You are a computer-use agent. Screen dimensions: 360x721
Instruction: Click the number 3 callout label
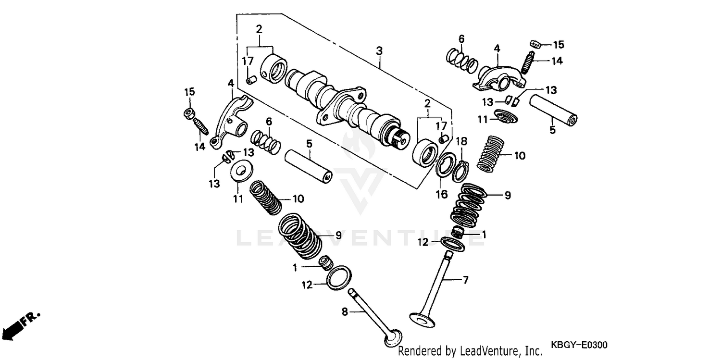click(x=379, y=50)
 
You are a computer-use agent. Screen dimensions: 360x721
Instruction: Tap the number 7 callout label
click(x=465, y=280)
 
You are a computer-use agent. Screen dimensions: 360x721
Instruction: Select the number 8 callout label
click(x=344, y=312)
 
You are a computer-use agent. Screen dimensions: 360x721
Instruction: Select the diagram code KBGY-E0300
click(x=579, y=345)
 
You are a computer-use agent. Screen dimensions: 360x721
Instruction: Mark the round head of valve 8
click(x=393, y=338)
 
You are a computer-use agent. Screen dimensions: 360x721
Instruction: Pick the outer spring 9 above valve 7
click(x=468, y=204)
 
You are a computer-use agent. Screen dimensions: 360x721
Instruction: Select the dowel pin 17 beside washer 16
click(x=444, y=139)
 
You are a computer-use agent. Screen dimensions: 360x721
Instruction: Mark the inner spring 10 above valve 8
click(x=266, y=197)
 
